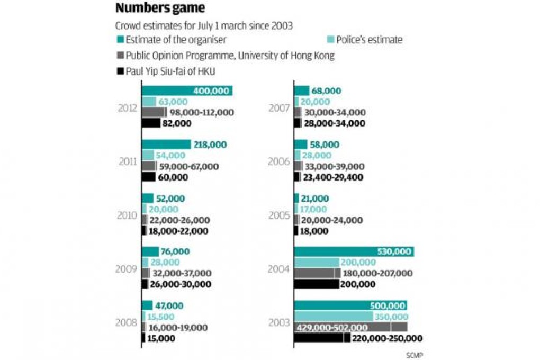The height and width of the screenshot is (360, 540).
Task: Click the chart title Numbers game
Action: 160,9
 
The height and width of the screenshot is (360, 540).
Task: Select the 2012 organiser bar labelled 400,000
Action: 187,91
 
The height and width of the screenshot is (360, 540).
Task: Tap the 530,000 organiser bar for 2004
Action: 354,252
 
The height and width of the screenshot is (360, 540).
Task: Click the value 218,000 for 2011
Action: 210,145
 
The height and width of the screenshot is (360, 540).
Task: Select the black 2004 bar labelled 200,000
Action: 317,284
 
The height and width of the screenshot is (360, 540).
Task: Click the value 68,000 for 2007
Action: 327,91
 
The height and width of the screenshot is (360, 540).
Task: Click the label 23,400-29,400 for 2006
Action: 333,177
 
